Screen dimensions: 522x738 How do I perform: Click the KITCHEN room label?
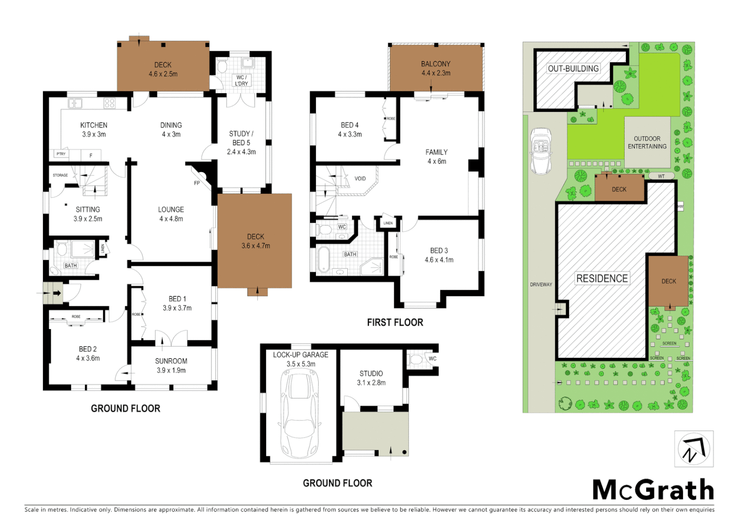(94, 125)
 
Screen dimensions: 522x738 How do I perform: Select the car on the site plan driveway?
(540, 151)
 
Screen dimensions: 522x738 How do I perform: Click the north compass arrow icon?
(694, 449)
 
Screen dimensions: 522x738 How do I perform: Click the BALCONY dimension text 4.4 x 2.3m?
(436, 73)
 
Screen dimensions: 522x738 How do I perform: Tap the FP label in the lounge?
(197, 183)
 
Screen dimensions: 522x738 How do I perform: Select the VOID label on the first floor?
(360, 179)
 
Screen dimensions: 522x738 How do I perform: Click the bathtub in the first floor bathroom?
(323, 260)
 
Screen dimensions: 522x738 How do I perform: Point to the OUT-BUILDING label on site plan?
(573, 69)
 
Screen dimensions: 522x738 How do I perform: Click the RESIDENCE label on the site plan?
(602, 278)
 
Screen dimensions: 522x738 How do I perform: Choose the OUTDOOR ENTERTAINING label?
(647, 143)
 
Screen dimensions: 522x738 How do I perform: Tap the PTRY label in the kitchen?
(61, 154)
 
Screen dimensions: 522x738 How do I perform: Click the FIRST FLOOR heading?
(395, 322)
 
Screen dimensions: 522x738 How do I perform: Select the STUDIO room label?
(371, 374)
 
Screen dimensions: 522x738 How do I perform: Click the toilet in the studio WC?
(416, 360)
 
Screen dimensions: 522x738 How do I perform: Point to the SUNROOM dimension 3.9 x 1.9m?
(171, 371)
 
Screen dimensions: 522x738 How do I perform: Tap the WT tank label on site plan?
(661, 176)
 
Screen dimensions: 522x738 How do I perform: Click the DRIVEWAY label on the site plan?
(541, 285)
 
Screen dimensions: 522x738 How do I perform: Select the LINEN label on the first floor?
(388, 223)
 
